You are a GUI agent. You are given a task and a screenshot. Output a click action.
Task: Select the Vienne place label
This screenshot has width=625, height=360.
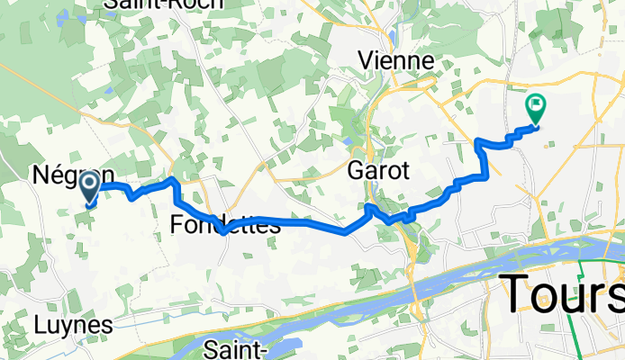pos(396,61)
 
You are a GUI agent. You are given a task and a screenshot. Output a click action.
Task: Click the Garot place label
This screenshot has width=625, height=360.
pos(379,170)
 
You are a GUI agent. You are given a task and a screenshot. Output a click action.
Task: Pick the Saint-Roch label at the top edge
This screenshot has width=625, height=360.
pos(151,4)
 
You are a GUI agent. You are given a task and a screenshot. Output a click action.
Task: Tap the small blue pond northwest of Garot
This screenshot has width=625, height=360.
pos(345,139)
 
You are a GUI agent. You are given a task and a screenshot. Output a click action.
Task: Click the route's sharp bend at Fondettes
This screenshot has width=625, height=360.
pos(222,231)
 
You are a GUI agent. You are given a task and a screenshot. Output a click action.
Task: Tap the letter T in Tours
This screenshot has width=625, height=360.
pos(517,292)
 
